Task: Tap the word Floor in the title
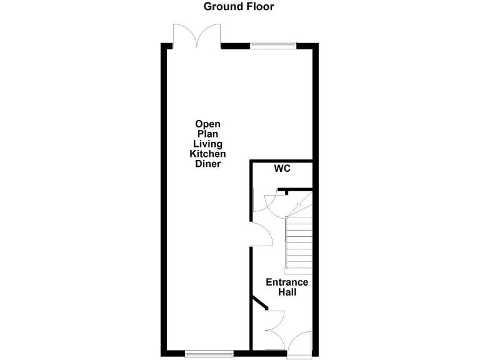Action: click(x=259, y=7)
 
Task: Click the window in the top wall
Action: click(x=272, y=45)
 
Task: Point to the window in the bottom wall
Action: click(x=209, y=354)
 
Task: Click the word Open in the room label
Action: click(x=207, y=124)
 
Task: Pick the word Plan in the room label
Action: click(x=207, y=134)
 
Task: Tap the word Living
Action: click(x=207, y=144)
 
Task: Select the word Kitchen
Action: click(x=207, y=154)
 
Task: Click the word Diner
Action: click(x=207, y=164)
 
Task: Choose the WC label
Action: click(x=282, y=169)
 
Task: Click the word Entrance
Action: click(x=287, y=282)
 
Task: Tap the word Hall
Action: click(x=287, y=292)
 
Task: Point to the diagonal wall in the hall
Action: click(x=259, y=303)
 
